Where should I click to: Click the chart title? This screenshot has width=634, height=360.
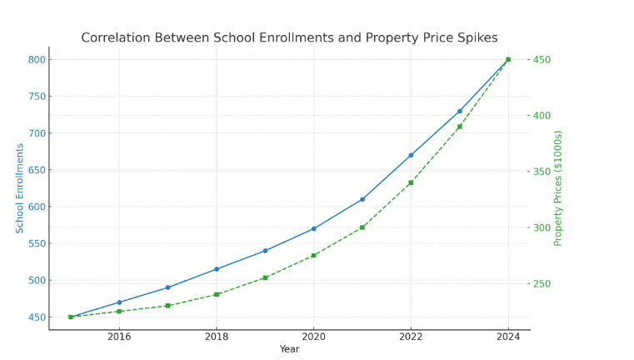coord(289,38)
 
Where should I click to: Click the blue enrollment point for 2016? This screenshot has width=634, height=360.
coord(119,302)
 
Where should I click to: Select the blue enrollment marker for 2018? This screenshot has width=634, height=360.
coord(217,269)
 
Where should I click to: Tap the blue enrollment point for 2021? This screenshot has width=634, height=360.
coord(362,199)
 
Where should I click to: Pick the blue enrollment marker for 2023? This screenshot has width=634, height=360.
coord(460,111)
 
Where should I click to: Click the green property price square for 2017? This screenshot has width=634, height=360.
coord(167,306)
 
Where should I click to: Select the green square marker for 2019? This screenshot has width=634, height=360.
coord(265,277)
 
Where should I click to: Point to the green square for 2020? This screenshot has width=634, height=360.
coord(314,256)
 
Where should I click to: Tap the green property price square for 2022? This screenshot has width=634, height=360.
coord(411,182)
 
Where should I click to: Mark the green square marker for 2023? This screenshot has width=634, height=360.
coord(460,127)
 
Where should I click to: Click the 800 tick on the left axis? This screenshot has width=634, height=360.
coord(37,60)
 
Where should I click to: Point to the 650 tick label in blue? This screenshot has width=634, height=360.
coord(37,170)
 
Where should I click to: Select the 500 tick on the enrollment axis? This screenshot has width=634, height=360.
coord(37,281)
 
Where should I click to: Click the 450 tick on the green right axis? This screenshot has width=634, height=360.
coord(542,60)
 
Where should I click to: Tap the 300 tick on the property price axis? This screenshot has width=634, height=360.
coord(542,227)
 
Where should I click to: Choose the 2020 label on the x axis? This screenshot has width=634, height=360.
coord(314,337)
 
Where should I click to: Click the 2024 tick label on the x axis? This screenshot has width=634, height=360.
coord(508,337)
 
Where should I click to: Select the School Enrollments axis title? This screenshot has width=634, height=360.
coord(20,188)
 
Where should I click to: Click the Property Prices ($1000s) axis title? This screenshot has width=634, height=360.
coord(559,188)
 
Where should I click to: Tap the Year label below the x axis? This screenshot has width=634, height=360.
coord(289,349)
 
